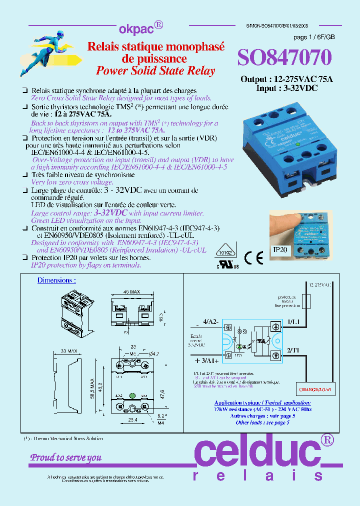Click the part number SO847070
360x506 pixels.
click(284, 58)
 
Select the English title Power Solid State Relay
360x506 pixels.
click(155, 71)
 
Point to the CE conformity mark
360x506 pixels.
click(254, 257)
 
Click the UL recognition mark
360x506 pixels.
click(227, 263)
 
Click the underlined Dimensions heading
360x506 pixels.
click(56, 280)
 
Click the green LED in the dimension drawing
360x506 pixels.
click(133, 396)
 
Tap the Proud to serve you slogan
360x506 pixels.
click(66, 457)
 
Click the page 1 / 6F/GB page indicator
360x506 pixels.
click(314, 38)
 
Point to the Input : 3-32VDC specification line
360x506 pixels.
click(286, 88)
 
